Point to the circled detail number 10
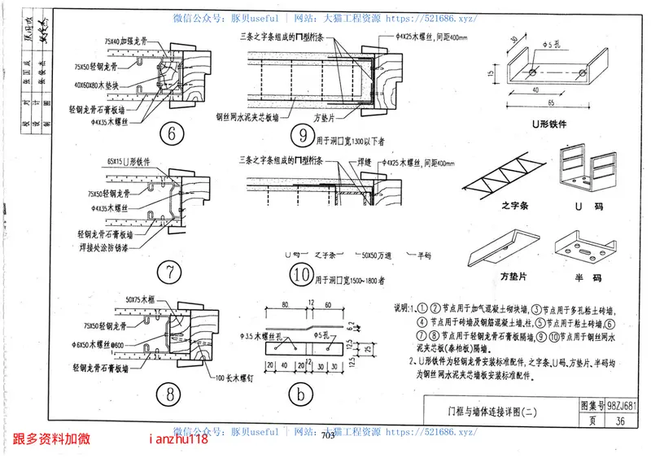[299, 275]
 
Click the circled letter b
[299, 395]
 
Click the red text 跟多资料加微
[51, 439]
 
